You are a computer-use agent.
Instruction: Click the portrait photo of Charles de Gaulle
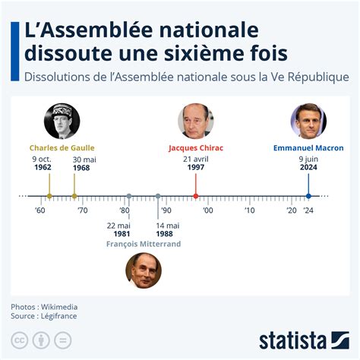(x=62, y=121)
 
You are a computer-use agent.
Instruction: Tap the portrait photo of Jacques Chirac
(x=196, y=121)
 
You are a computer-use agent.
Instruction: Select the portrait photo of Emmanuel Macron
(x=308, y=121)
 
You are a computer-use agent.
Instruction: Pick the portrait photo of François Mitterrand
(x=144, y=270)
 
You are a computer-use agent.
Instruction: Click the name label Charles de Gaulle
(x=62, y=147)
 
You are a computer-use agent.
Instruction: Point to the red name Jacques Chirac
(x=196, y=147)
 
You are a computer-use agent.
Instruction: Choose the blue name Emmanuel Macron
(x=308, y=147)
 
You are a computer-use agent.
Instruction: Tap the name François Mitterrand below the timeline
(x=144, y=244)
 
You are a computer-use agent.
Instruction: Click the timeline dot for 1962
(x=49, y=196)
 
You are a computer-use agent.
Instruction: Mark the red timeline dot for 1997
(x=196, y=196)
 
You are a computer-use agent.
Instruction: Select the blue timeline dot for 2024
(x=308, y=196)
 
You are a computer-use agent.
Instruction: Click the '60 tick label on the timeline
(x=39, y=210)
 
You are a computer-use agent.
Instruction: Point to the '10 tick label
(x=249, y=210)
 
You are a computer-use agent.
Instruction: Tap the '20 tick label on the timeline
(x=291, y=210)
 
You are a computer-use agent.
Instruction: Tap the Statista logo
(x=302, y=339)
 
